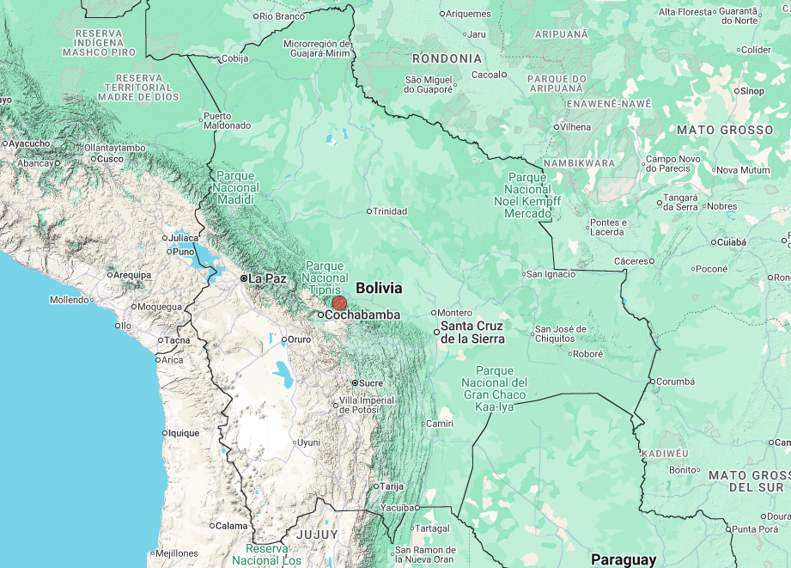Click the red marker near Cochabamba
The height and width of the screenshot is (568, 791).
(x=339, y=302)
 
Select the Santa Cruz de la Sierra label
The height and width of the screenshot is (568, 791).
(x=472, y=333)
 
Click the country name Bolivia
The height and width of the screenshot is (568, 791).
(x=379, y=288)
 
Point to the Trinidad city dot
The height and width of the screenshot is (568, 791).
(x=369, y=211)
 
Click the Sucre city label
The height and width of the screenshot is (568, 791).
(x=371, y=382)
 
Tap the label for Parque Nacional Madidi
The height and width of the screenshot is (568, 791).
(x=235, y=187)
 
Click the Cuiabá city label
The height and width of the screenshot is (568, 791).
(x=733, y=242)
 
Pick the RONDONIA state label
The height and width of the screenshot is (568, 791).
(x=447, y=58)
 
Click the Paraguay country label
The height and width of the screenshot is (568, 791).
(x=623, y=559)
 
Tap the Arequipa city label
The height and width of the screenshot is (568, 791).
(x=133, y=275)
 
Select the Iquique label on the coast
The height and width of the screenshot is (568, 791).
(x=184, y=433)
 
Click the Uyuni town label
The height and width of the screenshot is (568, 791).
(x=307, y=443)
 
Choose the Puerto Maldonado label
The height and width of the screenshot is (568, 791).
(x=227, y=120)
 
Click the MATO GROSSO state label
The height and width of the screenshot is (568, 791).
(x=725, y=130)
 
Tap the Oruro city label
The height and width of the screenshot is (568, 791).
(x=298, y=339)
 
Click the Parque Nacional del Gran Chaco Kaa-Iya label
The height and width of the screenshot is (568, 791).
(x=494, y=388)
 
